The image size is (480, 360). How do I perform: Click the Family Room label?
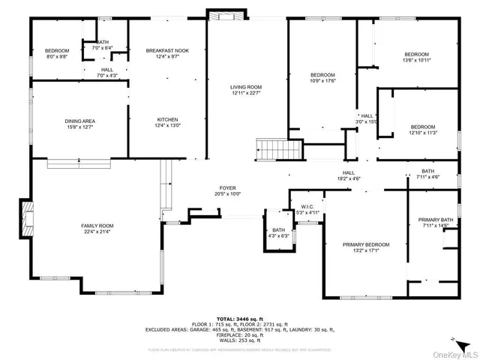pos(97,226)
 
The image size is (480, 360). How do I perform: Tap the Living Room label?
pos(244,88)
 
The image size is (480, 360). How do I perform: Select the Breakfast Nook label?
pos(166,50)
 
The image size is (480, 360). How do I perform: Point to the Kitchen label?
pos(166,121)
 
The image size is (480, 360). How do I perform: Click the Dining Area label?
pos(79,121)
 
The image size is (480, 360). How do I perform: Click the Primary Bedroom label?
pos(366,244)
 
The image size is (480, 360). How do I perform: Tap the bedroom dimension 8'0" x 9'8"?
pos(57,56)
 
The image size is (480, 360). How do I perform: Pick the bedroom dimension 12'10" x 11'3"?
pos(422,133)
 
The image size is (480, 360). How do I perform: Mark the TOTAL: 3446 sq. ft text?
pos(240,319)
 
